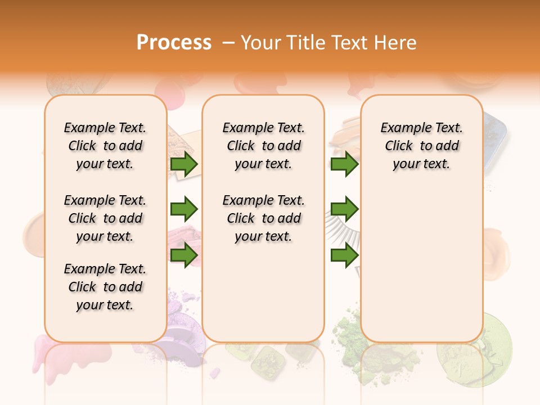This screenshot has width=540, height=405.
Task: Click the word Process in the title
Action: point(174,42)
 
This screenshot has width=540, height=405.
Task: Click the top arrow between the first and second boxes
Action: point(184,164)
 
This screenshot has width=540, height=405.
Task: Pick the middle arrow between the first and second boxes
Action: point(184,209)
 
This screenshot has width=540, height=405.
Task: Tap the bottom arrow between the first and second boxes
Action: point(184,255)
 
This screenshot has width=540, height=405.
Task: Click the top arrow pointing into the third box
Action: point(344,164)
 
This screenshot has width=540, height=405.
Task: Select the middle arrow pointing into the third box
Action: point(344,209)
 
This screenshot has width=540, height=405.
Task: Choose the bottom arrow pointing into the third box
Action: point(344,255)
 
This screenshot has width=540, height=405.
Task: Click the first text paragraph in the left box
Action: point(105,146)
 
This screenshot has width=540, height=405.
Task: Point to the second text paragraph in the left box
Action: point(105,218)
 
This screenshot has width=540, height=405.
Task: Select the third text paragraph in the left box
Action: point(105,287)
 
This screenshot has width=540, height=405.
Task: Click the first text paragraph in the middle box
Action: point(263,146)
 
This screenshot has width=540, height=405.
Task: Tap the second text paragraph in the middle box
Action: point(263,218)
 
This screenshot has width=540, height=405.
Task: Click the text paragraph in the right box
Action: point(422,146)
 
